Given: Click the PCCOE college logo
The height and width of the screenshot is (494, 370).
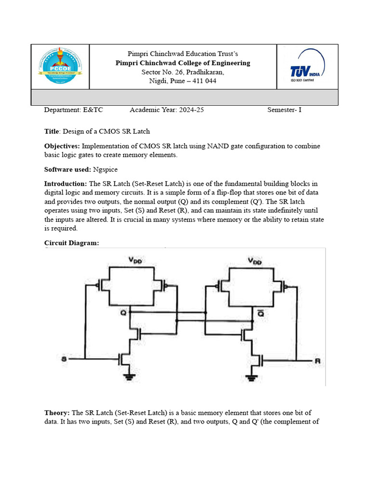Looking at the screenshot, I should click(x=60, y=67).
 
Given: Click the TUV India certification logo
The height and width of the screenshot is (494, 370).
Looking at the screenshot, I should click(x=307, y=67).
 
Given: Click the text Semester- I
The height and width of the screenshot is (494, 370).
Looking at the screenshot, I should click(x=284, y=110).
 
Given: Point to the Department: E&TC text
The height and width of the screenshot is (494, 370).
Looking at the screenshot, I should click(x=73, y=110).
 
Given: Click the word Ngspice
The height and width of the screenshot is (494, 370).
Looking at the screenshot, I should click(x=106, y=169).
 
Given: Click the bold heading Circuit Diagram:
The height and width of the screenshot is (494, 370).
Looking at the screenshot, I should click(x=71, y=243).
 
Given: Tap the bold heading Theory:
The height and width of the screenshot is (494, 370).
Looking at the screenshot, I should click(x=57, y=413).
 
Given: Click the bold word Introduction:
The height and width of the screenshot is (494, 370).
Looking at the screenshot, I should click(x=66, y=184).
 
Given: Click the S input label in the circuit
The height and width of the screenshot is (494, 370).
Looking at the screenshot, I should click(x=64, y=359).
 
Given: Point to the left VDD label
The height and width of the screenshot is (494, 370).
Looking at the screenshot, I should click(x=135, y=260).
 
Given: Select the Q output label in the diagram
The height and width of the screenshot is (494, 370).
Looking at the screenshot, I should click(x=124, y=313).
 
